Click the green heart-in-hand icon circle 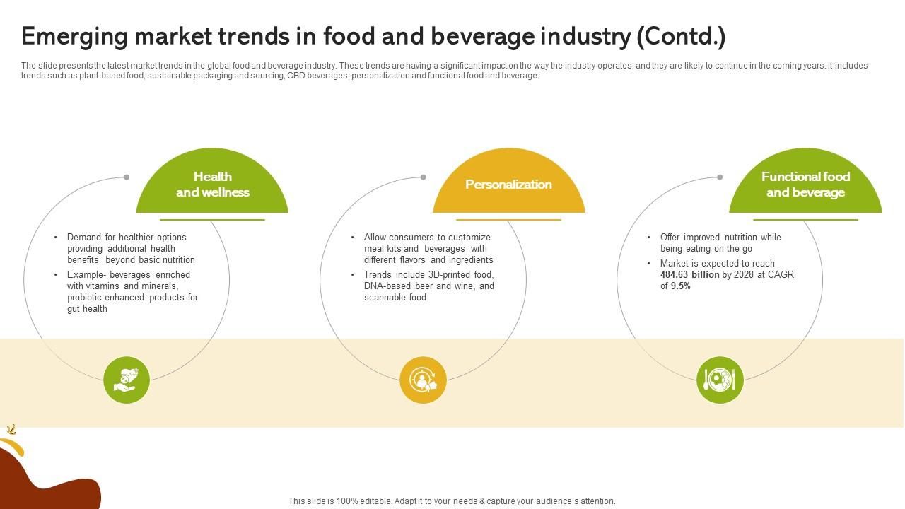(127, 380)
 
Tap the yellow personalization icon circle (423, 380)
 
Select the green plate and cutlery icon (720, 380)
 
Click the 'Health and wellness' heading (212, 185)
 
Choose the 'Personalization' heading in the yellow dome (508, 185)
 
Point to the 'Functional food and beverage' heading (805, 185)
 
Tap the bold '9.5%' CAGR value (680, 286)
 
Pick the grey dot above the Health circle (127, 177)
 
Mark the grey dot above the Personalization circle (423, 177)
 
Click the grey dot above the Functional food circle (720, 177)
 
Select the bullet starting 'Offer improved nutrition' (720, 242)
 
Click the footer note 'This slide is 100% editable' (452, 501)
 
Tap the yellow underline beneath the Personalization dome (508, 220)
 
